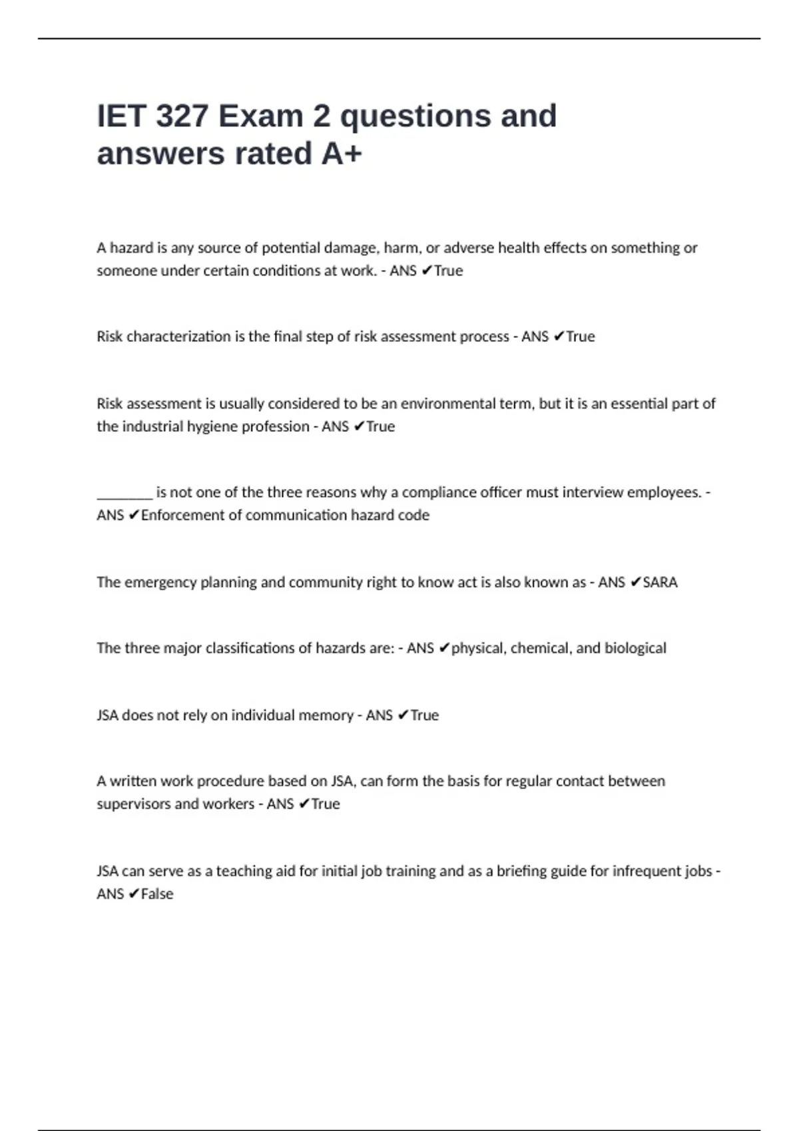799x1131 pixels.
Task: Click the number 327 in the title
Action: pyautogui.click(x=181, y=116)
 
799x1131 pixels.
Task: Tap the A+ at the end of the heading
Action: pyautogui.click(x=342, y=154)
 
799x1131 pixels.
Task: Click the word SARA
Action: pyautogui.click(x=660, y=582)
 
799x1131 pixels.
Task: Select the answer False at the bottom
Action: pyautogui.click(x=157, y=894)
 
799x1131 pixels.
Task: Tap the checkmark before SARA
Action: pyautogui.click(x=635, y=582)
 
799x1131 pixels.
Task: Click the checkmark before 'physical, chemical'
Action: pyautogui.click(x=444, y=648)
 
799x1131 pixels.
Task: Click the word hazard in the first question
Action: pyautogui.click(x=131, y=248)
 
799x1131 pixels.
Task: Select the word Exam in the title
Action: pyautogui.click(x=260, y=116)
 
